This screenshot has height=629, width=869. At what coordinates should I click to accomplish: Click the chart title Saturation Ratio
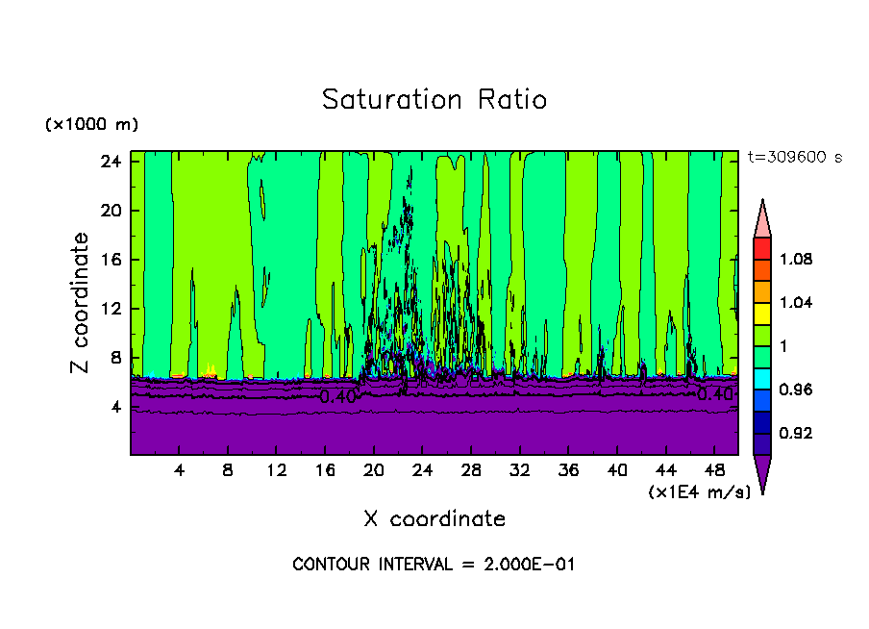pos(434,100)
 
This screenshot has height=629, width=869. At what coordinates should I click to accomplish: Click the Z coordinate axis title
pos(82,303)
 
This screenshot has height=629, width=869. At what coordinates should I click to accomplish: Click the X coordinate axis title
pos(434,519)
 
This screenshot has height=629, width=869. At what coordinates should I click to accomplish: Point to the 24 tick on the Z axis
pos(111,162)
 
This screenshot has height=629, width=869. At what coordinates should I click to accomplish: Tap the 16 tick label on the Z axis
pos(111,260)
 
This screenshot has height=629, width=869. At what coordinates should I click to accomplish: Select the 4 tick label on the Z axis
pos(115,407)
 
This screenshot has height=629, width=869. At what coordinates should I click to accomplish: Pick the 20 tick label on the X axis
pos(374,471)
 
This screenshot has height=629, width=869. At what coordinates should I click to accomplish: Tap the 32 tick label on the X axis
pos(520,471)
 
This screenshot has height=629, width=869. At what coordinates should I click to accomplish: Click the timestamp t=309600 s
pos(794,158)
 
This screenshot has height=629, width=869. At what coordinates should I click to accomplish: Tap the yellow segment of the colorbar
pos(762,313)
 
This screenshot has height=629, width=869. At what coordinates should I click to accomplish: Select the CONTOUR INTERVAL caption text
pos(434,565)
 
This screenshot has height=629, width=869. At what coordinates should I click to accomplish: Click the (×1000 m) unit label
pos(91,125)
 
